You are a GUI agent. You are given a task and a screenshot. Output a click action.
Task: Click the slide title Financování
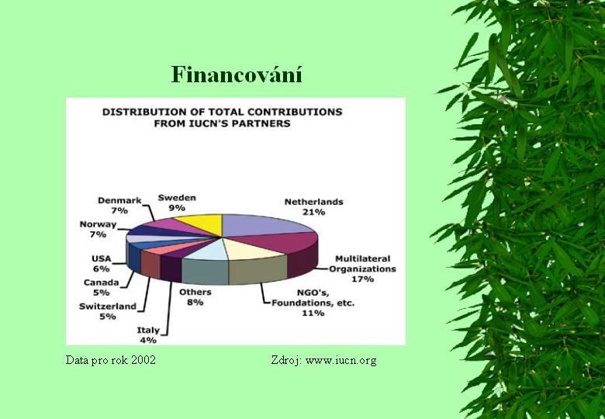[237, 74]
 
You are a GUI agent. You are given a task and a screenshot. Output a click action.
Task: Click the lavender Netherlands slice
[262, 224]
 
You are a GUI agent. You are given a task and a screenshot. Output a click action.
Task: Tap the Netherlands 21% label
[313, 207]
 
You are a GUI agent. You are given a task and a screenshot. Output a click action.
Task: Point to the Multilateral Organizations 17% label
[362, 269]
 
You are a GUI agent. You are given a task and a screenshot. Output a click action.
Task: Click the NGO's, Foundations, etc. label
[313, 303]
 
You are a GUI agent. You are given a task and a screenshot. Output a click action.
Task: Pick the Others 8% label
[195, 297]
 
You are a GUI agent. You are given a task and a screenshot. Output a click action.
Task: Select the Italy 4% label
[148, 335]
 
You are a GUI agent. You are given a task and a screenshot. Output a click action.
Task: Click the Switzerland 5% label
[108, 311]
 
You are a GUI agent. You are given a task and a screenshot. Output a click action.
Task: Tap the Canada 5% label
[101, 287]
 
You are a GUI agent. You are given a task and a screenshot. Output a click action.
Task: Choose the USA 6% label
[101, 264]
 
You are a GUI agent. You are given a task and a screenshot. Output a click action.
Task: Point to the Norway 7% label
[98, 229]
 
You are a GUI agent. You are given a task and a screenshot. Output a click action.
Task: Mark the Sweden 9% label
[177, 203]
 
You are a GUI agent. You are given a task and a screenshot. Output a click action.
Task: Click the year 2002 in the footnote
[143, 360]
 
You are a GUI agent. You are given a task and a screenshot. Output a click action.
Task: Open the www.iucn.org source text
[341, 360]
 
